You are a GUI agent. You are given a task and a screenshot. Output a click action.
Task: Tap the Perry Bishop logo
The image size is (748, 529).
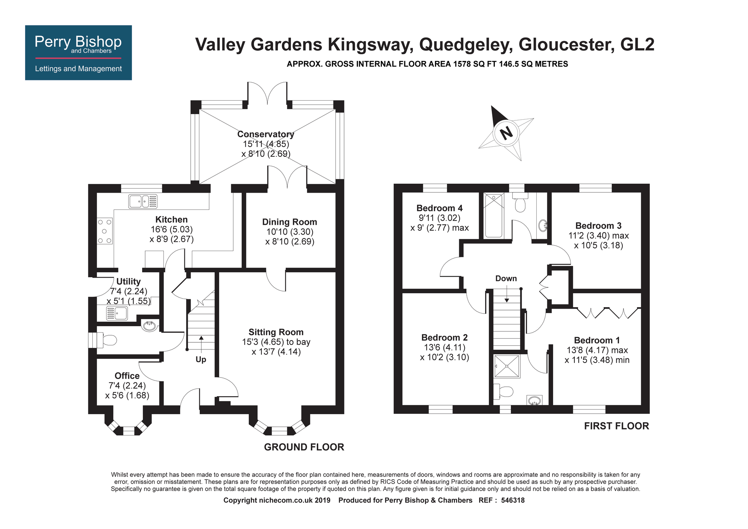click(78, 52)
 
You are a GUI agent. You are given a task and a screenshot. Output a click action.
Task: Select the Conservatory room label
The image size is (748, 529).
click(266, 134)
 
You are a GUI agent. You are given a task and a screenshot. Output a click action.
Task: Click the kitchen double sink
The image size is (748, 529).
click(143, 201)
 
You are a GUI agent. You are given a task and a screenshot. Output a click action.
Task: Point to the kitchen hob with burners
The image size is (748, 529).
click(105, 231)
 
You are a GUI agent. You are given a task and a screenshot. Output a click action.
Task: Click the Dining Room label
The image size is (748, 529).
click(289, 222)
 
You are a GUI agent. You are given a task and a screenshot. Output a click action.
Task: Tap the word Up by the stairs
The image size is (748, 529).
click(201, 360)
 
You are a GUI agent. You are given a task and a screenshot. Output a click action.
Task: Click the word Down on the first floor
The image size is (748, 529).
click(506, 278)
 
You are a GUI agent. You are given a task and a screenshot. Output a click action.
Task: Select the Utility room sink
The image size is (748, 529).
click(117, 313)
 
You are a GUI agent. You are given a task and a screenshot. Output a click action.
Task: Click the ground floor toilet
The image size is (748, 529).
click(107, 340)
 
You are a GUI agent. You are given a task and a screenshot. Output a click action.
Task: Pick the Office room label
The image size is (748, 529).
click(127, 376)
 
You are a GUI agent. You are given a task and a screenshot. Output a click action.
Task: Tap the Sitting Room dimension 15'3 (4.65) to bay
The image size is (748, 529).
click(276, 342)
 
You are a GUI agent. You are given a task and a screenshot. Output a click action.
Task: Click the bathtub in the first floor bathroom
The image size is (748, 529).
click(494, 215)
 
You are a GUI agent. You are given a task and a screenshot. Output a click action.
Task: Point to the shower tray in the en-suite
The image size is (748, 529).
click(507, 366)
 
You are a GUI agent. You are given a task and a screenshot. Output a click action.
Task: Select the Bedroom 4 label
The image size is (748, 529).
click(439, 208)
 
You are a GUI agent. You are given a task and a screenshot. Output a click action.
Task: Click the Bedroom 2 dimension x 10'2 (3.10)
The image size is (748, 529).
click(444, 357)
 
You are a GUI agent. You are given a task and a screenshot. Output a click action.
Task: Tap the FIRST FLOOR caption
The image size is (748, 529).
click(616, 426)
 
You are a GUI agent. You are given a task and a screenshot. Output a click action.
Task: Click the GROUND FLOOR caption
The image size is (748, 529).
click(304, 447)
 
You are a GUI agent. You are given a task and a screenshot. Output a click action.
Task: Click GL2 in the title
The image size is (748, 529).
click(637, 45)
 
